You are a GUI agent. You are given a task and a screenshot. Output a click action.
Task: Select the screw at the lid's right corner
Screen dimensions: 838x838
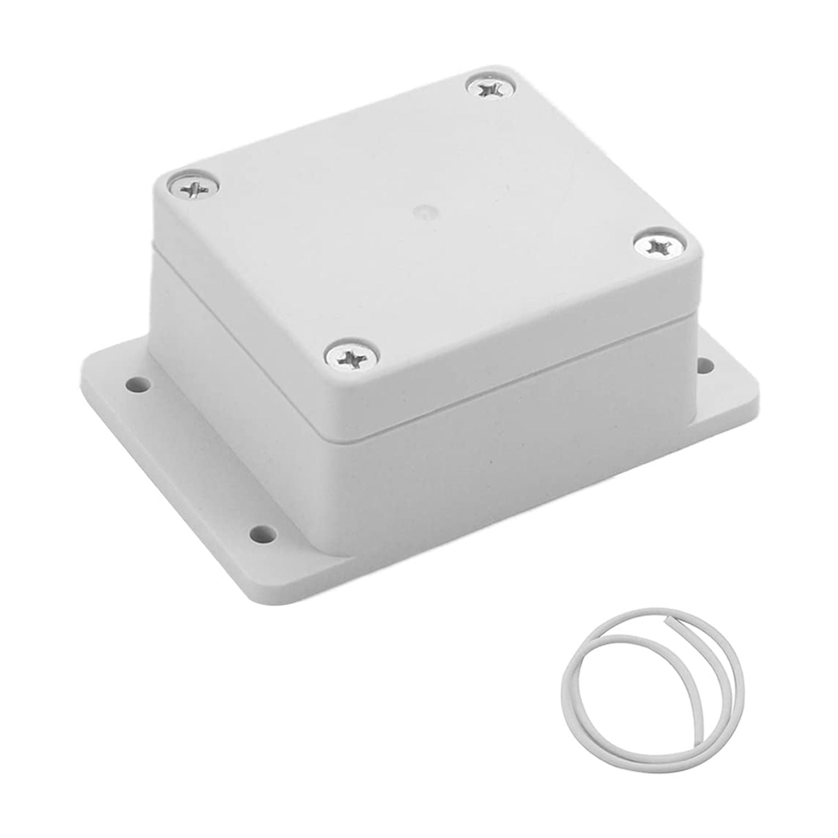click(655, 245)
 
